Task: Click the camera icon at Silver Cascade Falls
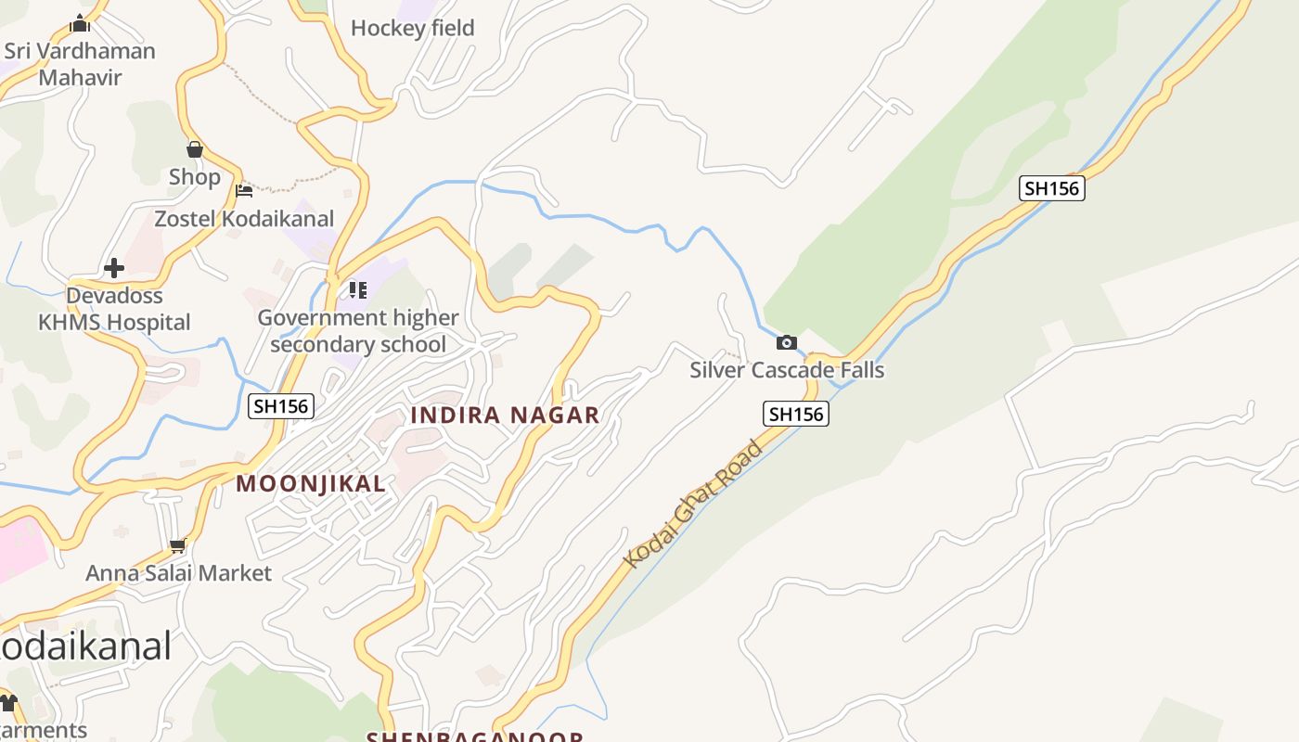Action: (787, 342)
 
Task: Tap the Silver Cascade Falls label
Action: (787, 370)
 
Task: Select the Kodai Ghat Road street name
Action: (692, 504)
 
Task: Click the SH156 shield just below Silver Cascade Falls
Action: (796, 414)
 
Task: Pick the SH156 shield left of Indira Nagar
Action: (281, 405)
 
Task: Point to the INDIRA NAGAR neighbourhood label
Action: (505, 415)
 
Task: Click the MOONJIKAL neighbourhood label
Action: (311, 483)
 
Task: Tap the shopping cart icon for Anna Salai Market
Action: (178, 545)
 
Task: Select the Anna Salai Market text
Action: (178, 573)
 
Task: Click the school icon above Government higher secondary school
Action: (358, 290)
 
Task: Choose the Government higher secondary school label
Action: (358, 331)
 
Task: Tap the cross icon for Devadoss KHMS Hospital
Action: (114, 268)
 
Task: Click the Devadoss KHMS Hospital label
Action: (114, 309)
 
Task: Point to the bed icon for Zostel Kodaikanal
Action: (244, 191)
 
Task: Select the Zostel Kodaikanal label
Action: (244, 219)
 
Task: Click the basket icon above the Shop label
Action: (195, 149)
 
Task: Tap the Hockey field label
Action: (412, 28)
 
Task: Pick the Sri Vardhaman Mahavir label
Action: (80, 63)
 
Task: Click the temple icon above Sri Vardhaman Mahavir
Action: (80, 23)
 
